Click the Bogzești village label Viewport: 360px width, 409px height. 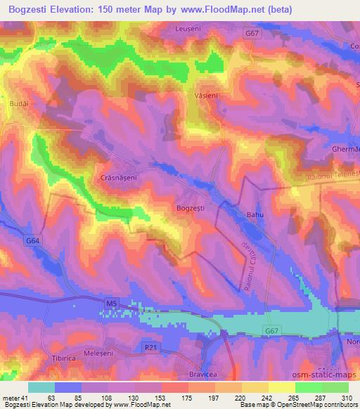[x=191, y=208]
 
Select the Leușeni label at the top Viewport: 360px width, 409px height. [x=188, y=27]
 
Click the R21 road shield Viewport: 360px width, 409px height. [x=148, y=346]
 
